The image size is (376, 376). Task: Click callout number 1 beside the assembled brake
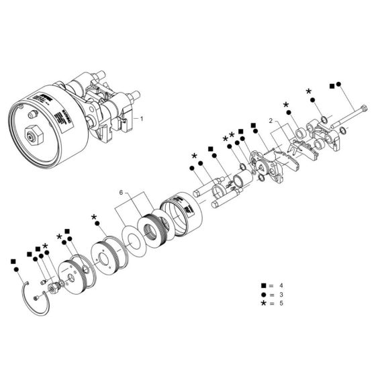click(142, 117)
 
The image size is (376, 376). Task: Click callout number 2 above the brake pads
click(269, 122)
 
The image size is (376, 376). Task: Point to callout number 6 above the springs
click(121, 193)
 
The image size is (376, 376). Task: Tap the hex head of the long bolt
click(365, 110)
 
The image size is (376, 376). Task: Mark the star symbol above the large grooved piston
click(94, 218)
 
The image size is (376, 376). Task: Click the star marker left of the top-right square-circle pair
click(309, 91)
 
